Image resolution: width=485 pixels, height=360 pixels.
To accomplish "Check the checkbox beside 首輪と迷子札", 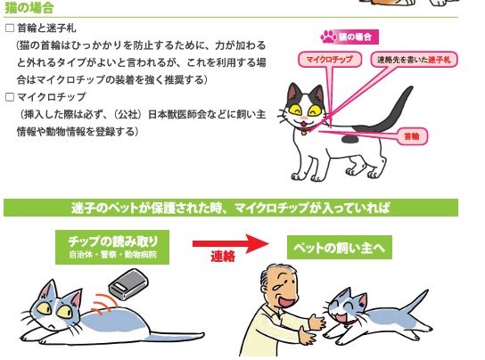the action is click(x=10, y=29).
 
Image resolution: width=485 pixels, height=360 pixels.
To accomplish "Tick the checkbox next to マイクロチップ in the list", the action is click(x=10, y=97).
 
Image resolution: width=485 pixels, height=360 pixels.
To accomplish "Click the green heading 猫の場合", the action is click(x=29, y=8).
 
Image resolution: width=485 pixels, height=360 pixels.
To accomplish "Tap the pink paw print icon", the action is click(x=328, y=37).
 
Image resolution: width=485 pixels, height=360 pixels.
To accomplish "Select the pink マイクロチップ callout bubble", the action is click(x=330, y=60).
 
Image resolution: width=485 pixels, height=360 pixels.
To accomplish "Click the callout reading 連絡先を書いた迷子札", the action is click(x=414, y=60).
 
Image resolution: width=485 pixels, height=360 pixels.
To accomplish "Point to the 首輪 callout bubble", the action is click(x=412, y=136).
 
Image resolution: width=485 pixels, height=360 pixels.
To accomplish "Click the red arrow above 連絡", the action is click(x=231, y=243).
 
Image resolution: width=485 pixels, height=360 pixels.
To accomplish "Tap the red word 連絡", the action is click(x=223, y=257).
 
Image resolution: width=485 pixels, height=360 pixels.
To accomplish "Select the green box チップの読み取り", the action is click(x=112, y=247).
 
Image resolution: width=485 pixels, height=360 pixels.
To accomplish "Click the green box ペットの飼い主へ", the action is click(x=340, y=248).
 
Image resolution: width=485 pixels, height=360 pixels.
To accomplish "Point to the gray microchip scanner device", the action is click(x=128, y=284).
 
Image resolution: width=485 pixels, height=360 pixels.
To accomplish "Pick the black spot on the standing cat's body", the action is click(x=349, y=140).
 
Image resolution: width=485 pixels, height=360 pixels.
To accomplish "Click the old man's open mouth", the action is click(x=286, y=301).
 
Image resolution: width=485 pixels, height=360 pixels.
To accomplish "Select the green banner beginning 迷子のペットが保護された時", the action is click(x=231, y=208).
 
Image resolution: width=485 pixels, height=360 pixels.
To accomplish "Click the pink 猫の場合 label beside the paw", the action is click(x=355, y=37).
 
